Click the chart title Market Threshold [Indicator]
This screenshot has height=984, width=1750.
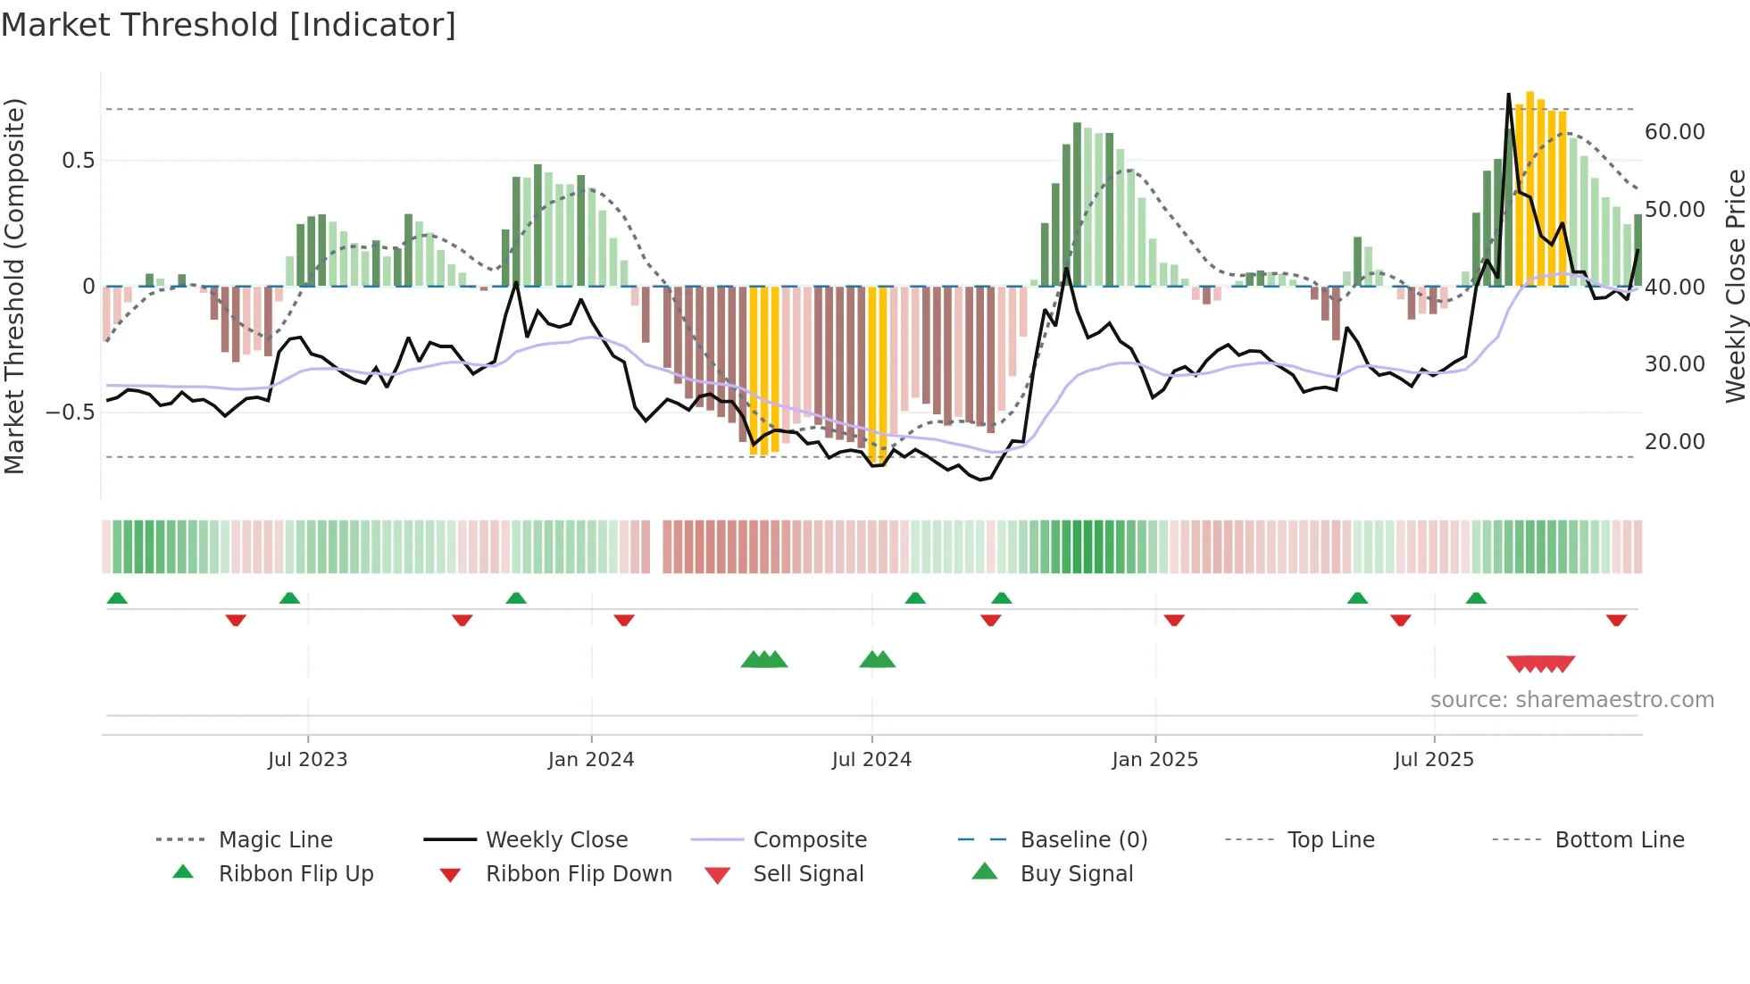[x=229, y=25]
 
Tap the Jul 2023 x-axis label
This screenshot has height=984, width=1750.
[x=307, y=760]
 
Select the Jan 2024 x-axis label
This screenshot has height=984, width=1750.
[x=590, y=760]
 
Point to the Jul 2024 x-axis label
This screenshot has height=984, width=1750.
[x=871, y=760]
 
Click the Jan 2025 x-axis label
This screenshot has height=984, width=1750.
[x=1154, y=760]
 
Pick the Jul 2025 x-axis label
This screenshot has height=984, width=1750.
[x=1434, y=760]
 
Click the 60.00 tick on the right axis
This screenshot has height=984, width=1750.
[x=1674, y=132]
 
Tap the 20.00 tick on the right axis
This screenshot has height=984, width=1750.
[x=1674, y=442]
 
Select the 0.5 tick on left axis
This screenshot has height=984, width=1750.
[x=78, y=161]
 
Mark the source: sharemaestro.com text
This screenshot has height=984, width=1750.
[x=1571, y=700]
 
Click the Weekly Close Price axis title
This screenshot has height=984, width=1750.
[x=1735, y=286]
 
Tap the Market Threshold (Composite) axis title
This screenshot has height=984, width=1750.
[x=14, y=286]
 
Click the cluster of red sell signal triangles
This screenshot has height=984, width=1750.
[x=1540, y=663]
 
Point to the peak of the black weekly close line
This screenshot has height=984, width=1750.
[x=1509, y=95]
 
